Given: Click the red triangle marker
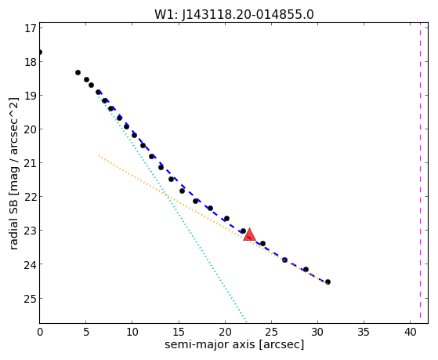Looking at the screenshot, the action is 249,235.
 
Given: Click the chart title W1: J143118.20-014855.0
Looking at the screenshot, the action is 234,15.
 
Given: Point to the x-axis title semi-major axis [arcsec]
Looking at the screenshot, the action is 234,344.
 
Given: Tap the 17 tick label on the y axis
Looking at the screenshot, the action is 31,28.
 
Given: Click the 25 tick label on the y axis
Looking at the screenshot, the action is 31,298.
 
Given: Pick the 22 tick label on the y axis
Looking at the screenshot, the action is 31,196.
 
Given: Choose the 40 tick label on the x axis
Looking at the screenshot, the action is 410,332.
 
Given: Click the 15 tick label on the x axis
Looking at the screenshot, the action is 179,332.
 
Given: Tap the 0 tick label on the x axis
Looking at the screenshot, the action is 40,332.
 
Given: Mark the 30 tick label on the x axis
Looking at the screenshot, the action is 317,332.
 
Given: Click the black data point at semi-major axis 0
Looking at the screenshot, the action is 40,53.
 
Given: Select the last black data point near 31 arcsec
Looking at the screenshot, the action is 328,282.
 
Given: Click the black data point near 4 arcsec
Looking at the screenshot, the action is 78,72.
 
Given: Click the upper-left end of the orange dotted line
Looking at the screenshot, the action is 99,155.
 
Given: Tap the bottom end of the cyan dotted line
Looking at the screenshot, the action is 246,321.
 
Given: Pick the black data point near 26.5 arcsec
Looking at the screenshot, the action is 284,260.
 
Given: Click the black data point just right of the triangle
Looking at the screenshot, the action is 262,244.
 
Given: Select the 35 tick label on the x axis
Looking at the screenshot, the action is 364,332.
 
